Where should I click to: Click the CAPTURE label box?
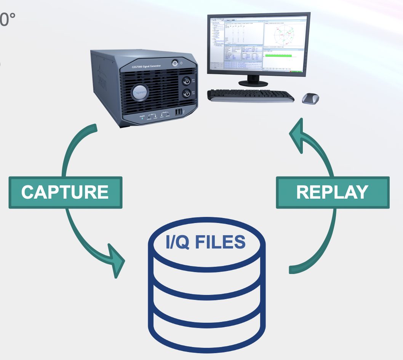click(x=65, y=192)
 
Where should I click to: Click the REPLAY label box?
click(x=333, y=192)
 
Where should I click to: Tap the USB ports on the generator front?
click(x=178, y=112)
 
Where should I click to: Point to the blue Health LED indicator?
click(x=142, y=118)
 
